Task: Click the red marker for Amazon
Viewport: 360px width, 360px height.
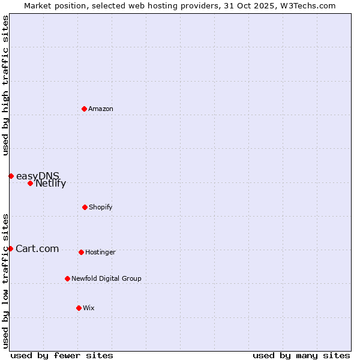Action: [x=85, y=109]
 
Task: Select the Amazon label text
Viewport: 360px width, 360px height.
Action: [x=101, y=109]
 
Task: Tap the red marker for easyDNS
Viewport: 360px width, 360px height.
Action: [x=11, y=176]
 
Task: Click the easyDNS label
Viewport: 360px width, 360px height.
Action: [x=37, y=176]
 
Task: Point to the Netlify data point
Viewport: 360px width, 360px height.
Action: [x=30, y=183]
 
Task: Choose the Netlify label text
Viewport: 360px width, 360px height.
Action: [x=50, y=184]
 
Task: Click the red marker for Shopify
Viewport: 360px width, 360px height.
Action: [x=85, y=207]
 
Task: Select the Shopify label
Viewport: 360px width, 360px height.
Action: [x=101, y=208]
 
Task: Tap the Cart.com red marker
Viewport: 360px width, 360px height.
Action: [x=10, y=248]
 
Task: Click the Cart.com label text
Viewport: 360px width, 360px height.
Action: [x=37, y=249]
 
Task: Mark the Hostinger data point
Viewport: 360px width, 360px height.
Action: [x=81, y=252]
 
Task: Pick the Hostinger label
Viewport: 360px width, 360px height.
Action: [x=100, y=253]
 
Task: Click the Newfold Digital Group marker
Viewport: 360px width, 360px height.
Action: [x=67, y=278]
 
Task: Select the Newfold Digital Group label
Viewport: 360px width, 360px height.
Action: [x=106, y=279]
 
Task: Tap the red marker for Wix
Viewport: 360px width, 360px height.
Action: [x=79, y=308]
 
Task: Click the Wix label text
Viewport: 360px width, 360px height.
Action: [x=89, y=308]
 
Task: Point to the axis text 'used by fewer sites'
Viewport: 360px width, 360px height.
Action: [x=62, y=355]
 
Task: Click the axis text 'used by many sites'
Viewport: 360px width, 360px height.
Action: [x=301, y=355]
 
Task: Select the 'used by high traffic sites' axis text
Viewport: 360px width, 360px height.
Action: [x=6, y=85]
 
